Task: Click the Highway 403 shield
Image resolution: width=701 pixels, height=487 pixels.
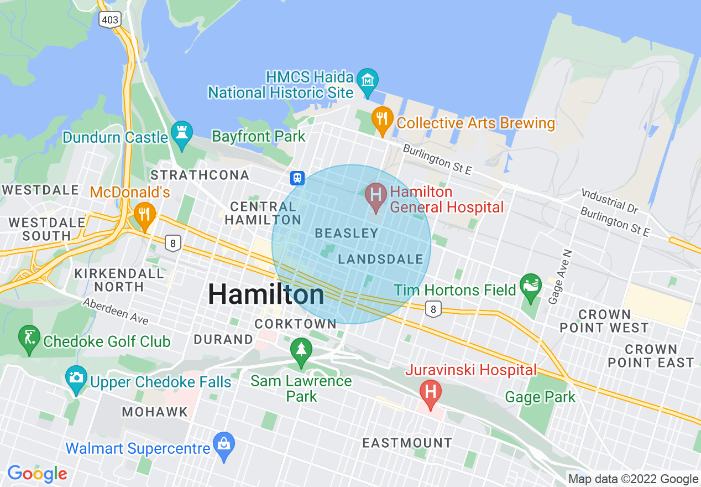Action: [109, 20]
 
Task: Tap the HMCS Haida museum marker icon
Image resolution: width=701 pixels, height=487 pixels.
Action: [367, 79]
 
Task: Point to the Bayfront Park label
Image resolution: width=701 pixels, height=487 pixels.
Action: [259, 136]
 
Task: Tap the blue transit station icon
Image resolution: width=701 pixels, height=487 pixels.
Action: [297, 178]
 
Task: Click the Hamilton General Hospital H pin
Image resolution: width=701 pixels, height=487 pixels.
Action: [376, 196]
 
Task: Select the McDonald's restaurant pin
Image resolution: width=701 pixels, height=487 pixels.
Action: [144, 214]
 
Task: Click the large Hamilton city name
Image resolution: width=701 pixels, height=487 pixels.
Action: [266, 294]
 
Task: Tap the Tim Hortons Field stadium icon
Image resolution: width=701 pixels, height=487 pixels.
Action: [531, 286]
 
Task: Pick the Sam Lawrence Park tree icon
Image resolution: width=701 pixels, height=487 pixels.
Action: [301, 350]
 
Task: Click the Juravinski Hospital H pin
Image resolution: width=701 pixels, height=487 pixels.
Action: [431, 392]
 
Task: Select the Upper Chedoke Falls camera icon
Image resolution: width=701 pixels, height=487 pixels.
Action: [76, 378]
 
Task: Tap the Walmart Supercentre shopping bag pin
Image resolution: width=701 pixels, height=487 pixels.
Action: [224, 444]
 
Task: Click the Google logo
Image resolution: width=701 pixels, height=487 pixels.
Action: [37, 474]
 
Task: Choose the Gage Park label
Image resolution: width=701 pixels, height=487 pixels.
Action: [540, 397]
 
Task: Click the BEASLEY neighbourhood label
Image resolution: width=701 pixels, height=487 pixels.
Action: [346, 234]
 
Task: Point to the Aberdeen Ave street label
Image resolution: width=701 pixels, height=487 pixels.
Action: [116, 312]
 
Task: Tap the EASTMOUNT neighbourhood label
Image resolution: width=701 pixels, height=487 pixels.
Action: [407, 443]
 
